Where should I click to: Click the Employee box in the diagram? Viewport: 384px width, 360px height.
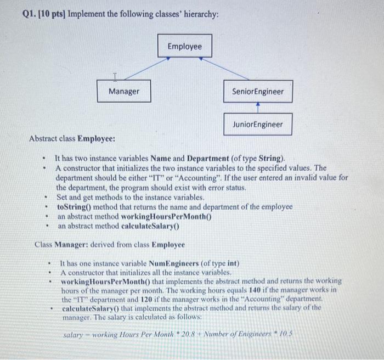184,47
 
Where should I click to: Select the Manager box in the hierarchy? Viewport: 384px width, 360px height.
123,91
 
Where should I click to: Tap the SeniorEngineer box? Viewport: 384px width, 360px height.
258,91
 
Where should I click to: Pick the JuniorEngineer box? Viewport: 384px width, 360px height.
258,125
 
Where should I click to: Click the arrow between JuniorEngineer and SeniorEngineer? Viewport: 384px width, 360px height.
258,108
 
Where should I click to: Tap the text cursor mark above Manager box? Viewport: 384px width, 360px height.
115,76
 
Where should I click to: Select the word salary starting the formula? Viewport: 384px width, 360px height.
74,334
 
